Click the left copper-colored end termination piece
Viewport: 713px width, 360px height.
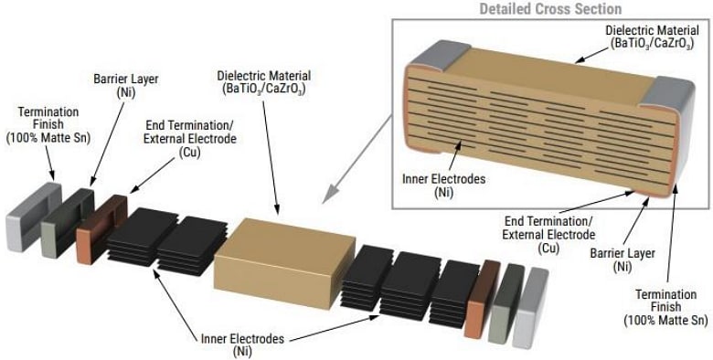(x=95, y=225)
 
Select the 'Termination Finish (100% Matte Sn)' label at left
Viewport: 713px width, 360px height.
(x=48, y=123)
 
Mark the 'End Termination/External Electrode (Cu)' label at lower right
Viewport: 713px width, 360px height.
(x=546, y=233)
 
